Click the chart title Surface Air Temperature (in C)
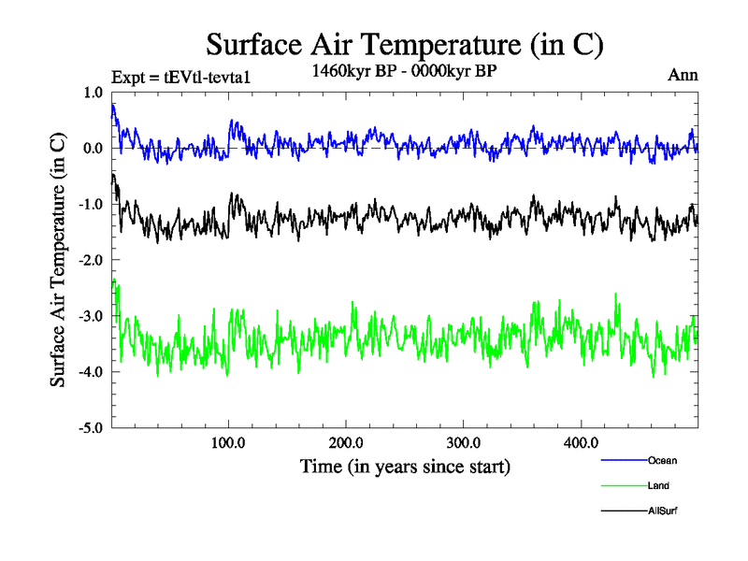pos(404,44)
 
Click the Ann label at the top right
pos(683,75)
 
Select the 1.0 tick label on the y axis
pos(93,93)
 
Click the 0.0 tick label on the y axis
pos(93,149)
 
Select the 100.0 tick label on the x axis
pos(229,442)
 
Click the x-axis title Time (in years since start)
pos(405,465)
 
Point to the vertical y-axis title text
pos(58,260)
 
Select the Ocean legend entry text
pos(662,460)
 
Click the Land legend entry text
pos(657,486)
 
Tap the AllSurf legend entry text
pos(661,511)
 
